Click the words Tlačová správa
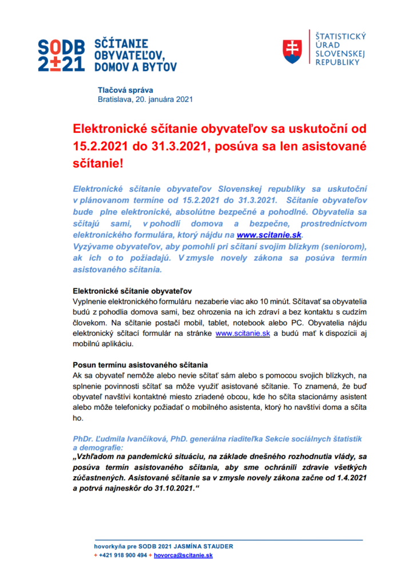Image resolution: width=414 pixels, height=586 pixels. point(125,89)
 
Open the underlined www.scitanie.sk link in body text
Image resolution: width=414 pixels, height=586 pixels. point(242,334)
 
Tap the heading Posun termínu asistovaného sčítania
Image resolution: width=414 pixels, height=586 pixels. point(140,365)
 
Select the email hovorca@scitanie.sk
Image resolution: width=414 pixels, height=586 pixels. point(182,555)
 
